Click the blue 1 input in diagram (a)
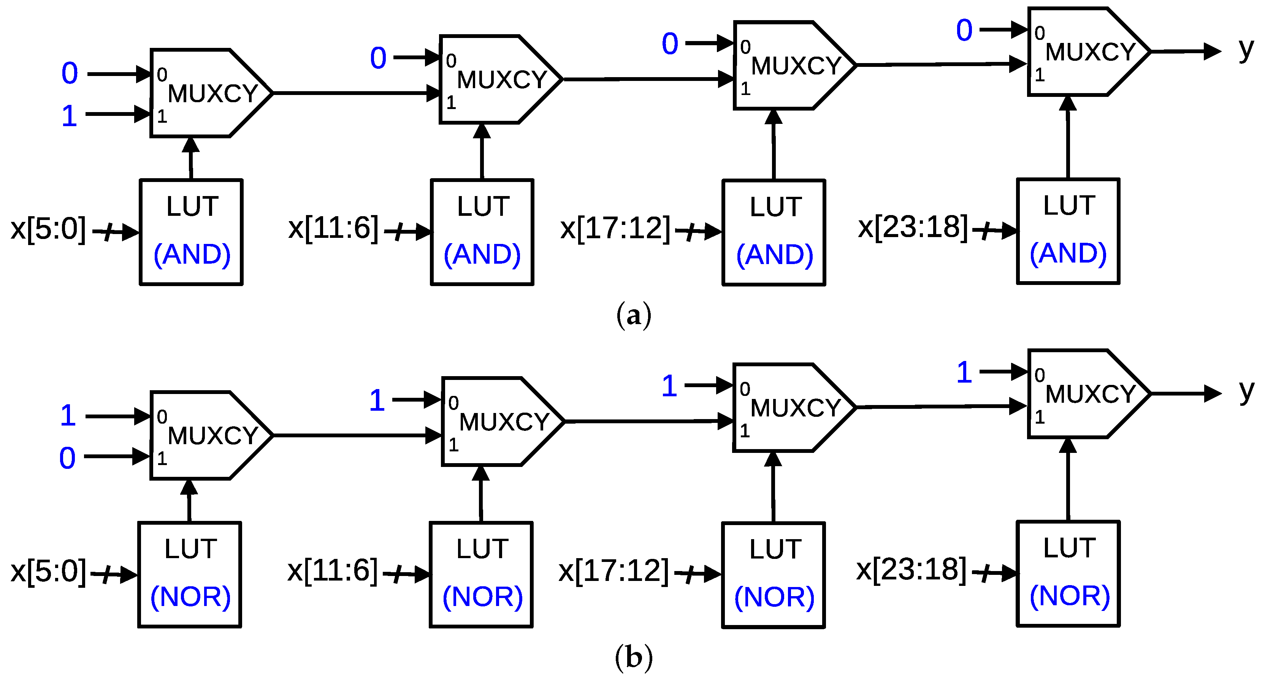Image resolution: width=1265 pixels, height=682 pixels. [69, 116]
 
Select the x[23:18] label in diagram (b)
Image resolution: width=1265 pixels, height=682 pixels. [911, 570]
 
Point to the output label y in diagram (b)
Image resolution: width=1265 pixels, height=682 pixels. [1246, 391]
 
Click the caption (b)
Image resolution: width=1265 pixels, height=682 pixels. [634, 657]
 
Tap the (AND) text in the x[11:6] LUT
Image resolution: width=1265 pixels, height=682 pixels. [482, 254]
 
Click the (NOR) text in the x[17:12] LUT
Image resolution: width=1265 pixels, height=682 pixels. [774, 597]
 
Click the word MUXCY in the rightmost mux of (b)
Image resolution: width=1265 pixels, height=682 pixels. [1090, 394]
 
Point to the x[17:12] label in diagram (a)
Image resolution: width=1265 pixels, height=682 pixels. [615, 228]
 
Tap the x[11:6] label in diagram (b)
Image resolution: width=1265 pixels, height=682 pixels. [333, 571]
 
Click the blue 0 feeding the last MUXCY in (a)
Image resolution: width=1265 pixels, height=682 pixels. [964, 30]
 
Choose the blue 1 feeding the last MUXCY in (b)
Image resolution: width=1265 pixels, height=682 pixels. [964, 373]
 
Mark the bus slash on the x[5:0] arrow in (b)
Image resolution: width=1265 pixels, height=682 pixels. [107, 574]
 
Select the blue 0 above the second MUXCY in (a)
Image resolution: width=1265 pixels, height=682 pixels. [378, 58]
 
